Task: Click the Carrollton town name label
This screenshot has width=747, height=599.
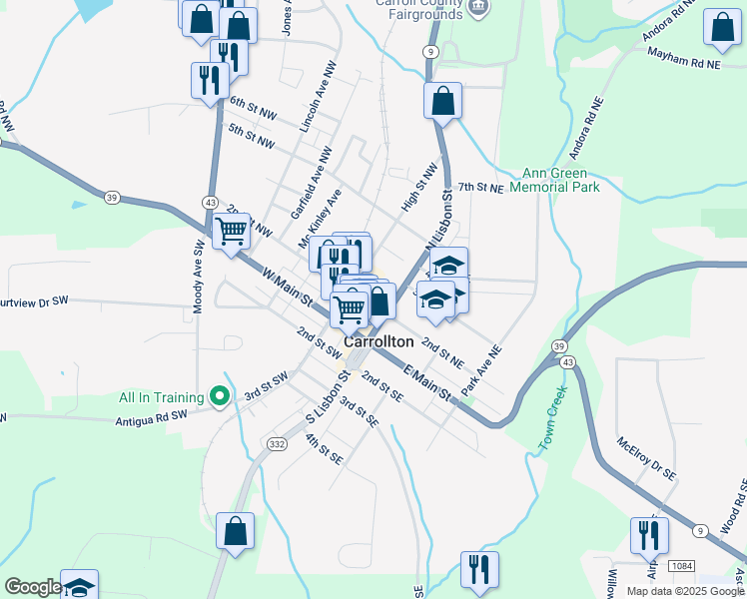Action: pyautogui.click(x=378, y=341)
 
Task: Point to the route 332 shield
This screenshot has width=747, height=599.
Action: pyautogui.click(x=278, y=442)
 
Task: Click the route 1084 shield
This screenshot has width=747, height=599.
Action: pyautogui.click(x=681, y=566)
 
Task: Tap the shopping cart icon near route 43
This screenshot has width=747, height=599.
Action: pyautogui.click(x=231, y=232)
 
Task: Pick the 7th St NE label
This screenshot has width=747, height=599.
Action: pyautogui.click(x=480, y=187)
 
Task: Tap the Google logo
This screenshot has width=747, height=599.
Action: pyautogui.click(x=32, y=587)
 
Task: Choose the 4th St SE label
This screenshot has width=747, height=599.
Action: pyautogui.click(x=324, y=447)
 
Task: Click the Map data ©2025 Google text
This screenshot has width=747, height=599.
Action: pyautogui.click(x=685, y=591)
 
